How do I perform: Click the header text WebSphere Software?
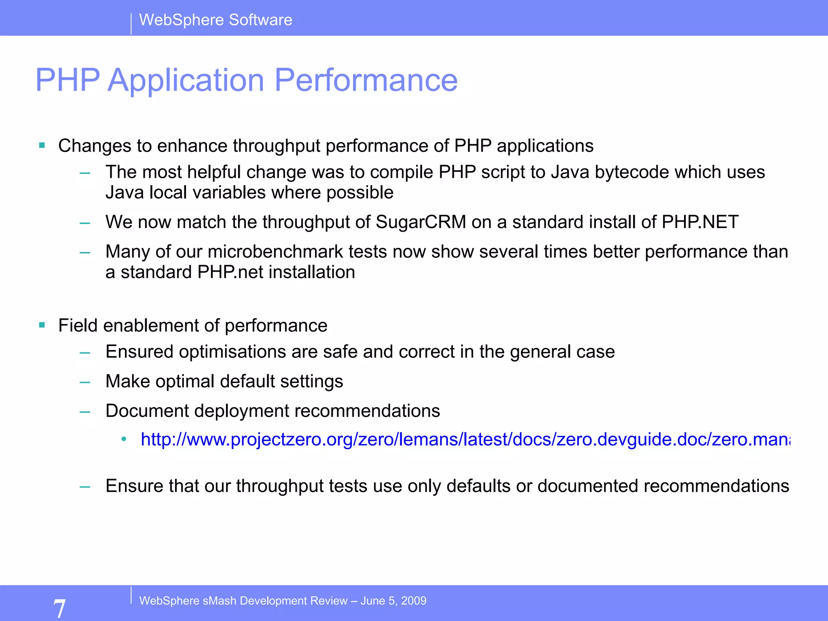click(215, 20)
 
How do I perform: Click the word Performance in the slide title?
click(366, 80)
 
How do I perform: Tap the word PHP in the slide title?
click(68, 80)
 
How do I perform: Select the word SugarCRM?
click(420, 222)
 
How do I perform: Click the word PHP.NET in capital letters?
click(700, 222)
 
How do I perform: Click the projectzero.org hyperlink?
click(465, 439)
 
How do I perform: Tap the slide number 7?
click(59, 608)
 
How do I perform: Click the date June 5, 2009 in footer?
click(393, 601)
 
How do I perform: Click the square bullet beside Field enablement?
click(42, 325)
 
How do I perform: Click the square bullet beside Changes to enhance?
click(42, 145)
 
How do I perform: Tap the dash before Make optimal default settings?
click(85, 382)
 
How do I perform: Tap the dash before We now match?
click(85, 223)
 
